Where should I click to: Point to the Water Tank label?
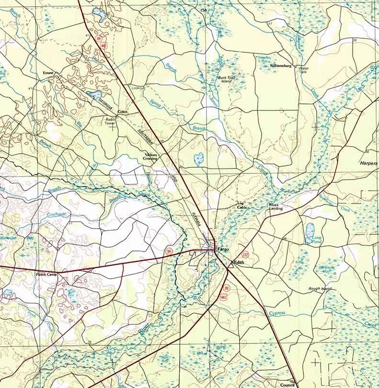(x=304, y=70)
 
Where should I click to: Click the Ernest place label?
(x=48, y=73)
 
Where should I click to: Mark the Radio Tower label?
(x=111, y=121)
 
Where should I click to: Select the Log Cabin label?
(x=241, y=205)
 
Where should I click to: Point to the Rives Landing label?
(x=276, y=207)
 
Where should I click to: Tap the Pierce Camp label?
(x=46, y=275)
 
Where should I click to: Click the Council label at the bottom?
(x=287, y=385)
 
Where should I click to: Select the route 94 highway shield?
(x=169, y=251)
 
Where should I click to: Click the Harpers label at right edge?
(x=368, y=163)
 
